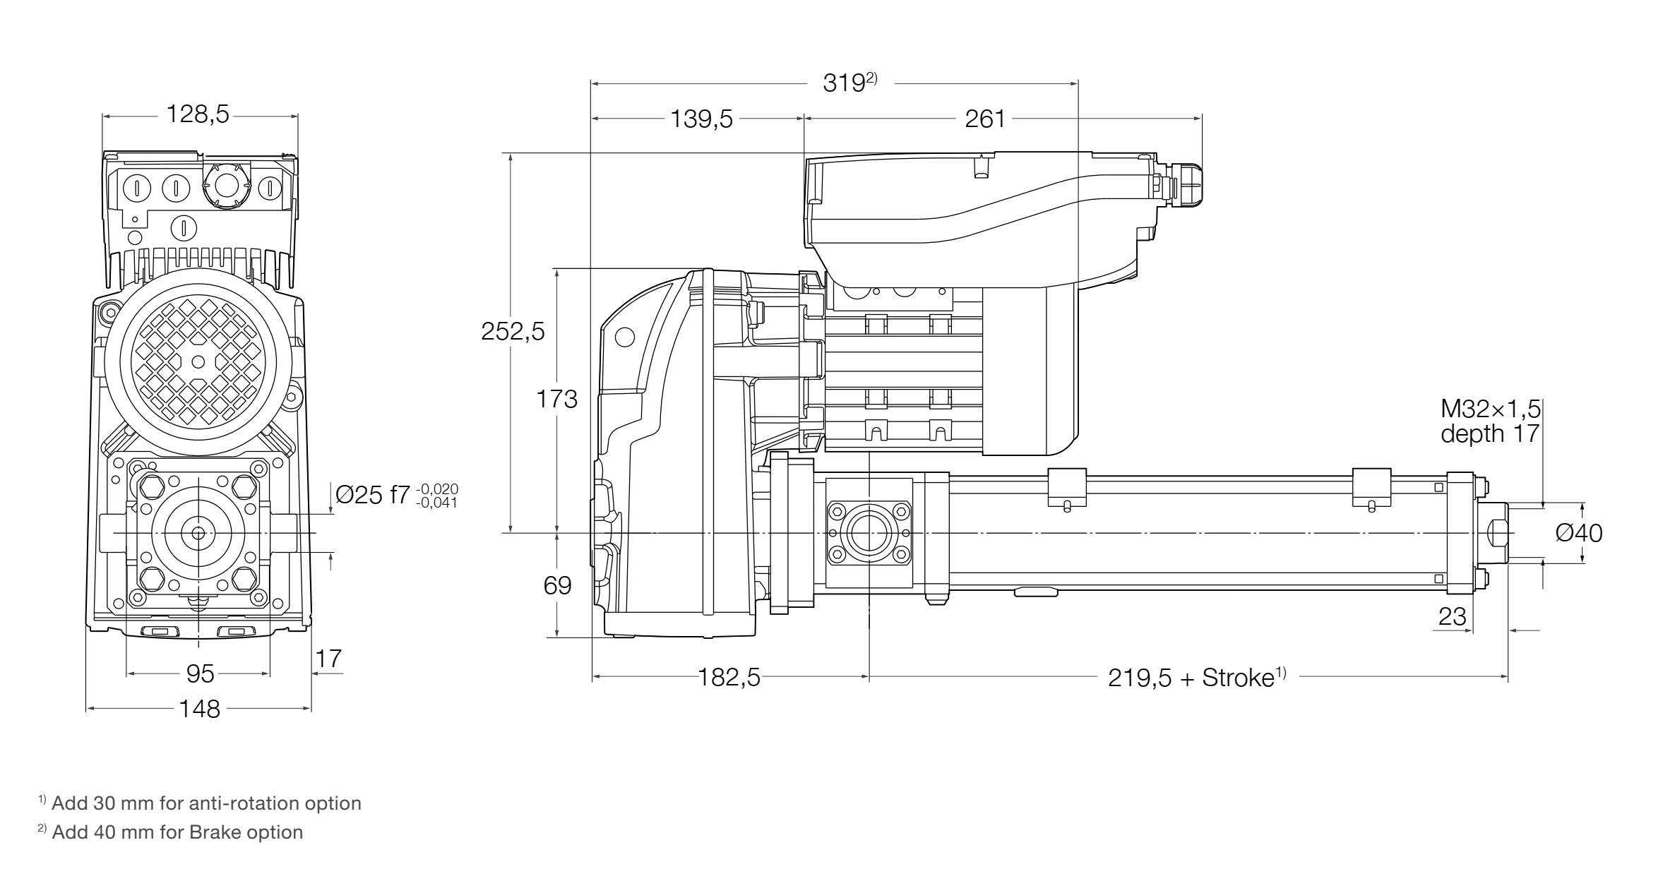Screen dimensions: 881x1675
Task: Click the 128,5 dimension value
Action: pyautogui.click(x=198, y=115)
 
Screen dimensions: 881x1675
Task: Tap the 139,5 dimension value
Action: pyautogui.click(x=701, y=119)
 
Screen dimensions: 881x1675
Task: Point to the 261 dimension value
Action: pyautogui.click(x=984, y=119)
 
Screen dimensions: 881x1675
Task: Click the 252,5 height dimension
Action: pyautogui.click(x=513, y=331)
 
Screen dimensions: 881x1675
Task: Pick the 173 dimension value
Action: pyautogui.click(x=556, y=400)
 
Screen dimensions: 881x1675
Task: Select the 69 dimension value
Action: pyautogui.click(x=557, y=585)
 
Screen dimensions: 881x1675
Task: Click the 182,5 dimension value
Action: pyautogui.click(x=729, y=678)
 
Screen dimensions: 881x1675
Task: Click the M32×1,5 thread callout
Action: pyautogui.click(x=1490, y=409)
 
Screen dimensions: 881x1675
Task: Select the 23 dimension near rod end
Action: pyautogui.click(x=1452, y=617)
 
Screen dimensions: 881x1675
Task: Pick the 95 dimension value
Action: pyautogui.click(x=200, y=674)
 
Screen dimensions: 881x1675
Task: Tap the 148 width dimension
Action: pyautogui.click(x=200, y=709)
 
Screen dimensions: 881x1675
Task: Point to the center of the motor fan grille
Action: pyautogui.click(x=198, y=361)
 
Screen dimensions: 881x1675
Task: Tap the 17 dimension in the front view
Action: pyautogui.click(x=328, y=659)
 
